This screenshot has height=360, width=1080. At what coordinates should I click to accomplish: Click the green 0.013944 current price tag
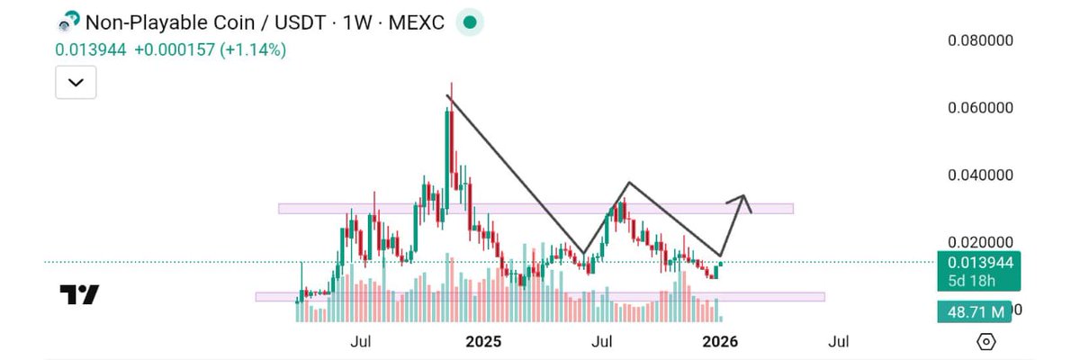(976, 263)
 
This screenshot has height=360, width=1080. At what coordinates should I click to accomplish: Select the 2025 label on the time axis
(483, 342)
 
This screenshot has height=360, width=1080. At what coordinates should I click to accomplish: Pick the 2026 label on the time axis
(720, 342)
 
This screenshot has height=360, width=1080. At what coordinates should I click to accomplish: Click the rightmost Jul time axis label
(838, 342)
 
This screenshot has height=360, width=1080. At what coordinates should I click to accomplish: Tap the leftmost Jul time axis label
(361, 342)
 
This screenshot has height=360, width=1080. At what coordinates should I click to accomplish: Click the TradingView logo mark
(79, 294)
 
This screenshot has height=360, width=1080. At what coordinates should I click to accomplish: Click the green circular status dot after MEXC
(469, 22)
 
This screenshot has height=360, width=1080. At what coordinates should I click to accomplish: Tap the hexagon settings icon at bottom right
(986, 342)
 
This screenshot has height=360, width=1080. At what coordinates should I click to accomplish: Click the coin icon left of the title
(67, 22)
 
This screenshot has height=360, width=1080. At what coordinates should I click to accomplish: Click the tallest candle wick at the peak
(451, 90)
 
